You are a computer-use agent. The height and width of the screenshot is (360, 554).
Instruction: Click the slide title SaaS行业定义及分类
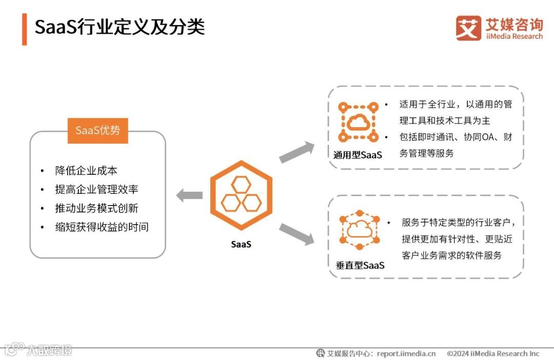120,27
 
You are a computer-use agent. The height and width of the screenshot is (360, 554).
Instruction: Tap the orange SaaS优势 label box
97,130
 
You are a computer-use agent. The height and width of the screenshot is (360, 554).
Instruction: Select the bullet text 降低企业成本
86,171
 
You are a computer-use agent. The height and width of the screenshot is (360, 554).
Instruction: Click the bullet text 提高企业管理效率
96,190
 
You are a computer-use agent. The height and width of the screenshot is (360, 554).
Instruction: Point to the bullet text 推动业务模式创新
96,208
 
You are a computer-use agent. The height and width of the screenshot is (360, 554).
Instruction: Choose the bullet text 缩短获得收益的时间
102,227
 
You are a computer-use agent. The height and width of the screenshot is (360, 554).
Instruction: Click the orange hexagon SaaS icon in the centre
241,195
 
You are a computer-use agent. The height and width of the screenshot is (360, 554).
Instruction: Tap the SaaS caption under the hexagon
241,245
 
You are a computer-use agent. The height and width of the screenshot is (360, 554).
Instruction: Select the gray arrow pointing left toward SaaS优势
189,195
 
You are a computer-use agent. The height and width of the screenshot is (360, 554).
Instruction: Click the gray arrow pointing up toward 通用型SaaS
297,152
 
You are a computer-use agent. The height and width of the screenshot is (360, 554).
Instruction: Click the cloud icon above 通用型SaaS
357,122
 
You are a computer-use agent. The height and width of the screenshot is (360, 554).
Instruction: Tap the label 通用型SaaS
358,155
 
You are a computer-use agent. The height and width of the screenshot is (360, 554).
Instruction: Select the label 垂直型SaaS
360,265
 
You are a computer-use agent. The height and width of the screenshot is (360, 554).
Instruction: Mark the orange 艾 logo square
468,28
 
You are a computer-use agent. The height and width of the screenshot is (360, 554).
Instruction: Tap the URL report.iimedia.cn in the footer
406,353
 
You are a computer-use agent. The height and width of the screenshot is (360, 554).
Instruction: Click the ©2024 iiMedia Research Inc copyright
493,353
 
